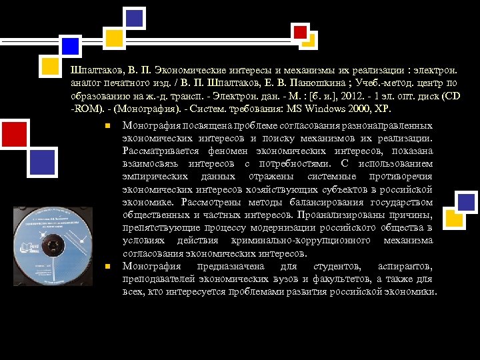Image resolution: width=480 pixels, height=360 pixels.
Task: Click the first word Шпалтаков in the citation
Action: (93, 71)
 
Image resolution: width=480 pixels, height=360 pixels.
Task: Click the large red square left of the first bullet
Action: (14, 134)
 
